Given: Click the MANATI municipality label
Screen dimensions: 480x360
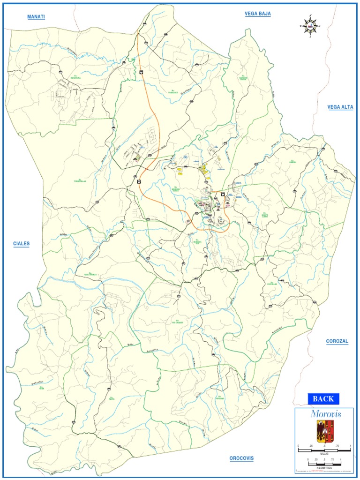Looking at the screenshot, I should (36, 17).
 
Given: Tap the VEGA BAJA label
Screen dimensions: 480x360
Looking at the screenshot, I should (257, 14).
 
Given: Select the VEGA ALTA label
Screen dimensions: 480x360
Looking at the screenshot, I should (340, 107).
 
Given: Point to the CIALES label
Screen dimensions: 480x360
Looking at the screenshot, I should (21, 244).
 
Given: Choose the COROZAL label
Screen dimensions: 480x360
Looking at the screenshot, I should (337, 341).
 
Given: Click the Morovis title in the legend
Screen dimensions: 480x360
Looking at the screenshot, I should (325, 414).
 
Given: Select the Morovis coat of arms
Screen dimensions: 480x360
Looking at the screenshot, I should (325, 431).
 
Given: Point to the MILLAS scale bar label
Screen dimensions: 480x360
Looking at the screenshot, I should (324, 454).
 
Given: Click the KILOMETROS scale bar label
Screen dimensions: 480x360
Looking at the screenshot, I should (324, 467).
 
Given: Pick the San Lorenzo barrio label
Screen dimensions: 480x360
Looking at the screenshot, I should (90, 274).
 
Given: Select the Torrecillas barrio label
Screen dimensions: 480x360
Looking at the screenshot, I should (80, 180).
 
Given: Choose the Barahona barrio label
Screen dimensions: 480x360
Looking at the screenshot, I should (76, 77).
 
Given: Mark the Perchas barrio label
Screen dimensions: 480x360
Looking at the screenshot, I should (220, 398).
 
